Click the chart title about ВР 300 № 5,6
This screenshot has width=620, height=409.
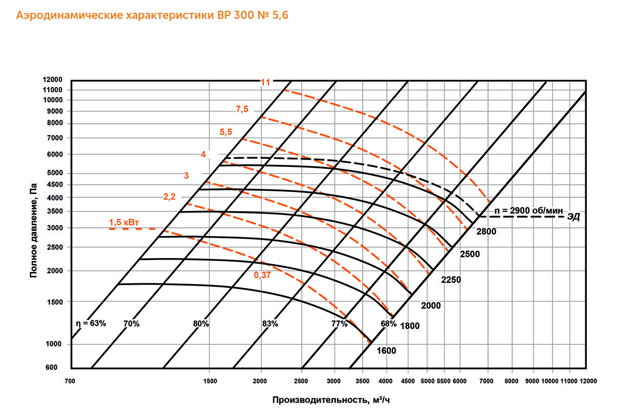[152, 16]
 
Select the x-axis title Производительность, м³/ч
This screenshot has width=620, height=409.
[335, 399]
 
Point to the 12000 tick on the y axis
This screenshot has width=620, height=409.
[53, 80]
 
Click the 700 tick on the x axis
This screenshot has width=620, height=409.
[71, 381]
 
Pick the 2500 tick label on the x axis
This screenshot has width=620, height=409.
[301, 381]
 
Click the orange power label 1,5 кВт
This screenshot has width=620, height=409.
[125, 223]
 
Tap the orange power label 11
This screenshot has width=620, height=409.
[265, 82]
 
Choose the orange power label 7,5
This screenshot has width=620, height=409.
[242, 109]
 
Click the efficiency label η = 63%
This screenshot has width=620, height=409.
[91, 324]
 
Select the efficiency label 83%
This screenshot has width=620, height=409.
[270, 324]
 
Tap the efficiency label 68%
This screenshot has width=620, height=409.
[388, 324]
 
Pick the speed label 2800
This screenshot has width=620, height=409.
[486, 232]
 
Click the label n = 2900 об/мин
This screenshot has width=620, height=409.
[528, 211]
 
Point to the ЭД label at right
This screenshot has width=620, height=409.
[573, 217]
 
